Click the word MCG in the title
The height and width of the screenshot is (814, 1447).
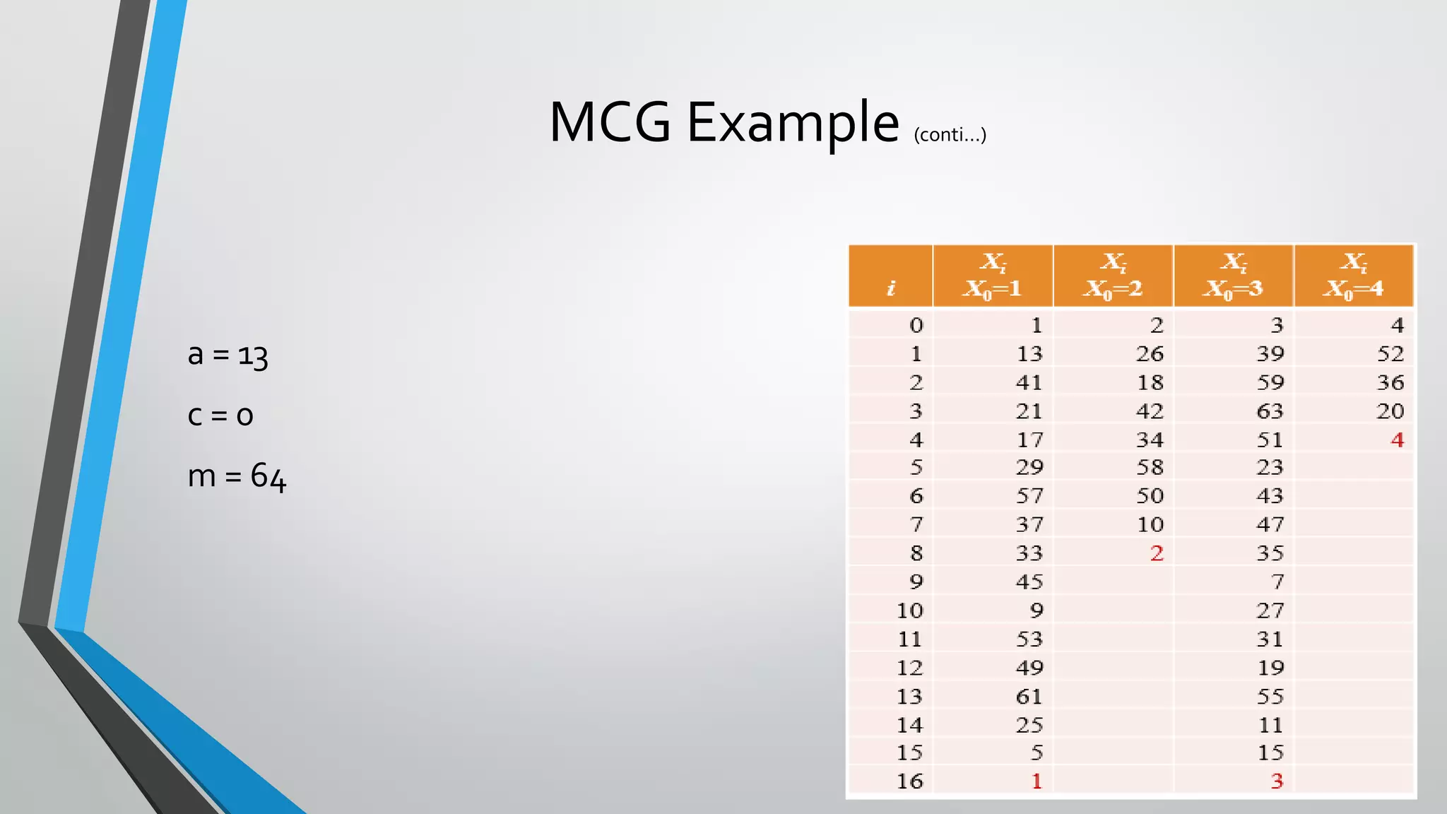tap(609, 122)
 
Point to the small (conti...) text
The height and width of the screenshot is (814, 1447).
tap(950, 134)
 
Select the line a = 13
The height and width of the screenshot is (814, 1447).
tap(228, 355)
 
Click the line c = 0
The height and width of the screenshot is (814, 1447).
tap(220, 415)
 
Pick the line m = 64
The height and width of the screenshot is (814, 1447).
tap(237, 477)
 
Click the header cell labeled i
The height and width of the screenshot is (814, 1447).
tap(891, 288)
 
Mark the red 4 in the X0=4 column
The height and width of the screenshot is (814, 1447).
tap(1397, 440)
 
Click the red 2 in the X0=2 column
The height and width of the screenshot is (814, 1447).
tap(1156, 553)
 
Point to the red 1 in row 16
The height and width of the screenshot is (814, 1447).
tap(1036, 781)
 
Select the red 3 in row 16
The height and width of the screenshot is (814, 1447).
tap(1276, 781)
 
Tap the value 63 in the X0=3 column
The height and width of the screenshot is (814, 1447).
tap(1270, 411)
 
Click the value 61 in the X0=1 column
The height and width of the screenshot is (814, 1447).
tap(1029, 696)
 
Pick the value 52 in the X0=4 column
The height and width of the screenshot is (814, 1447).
tap(1390, 353)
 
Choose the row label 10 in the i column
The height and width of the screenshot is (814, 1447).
tap(909, 610)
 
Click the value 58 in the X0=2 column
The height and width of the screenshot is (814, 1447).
tap(1150, 467)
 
